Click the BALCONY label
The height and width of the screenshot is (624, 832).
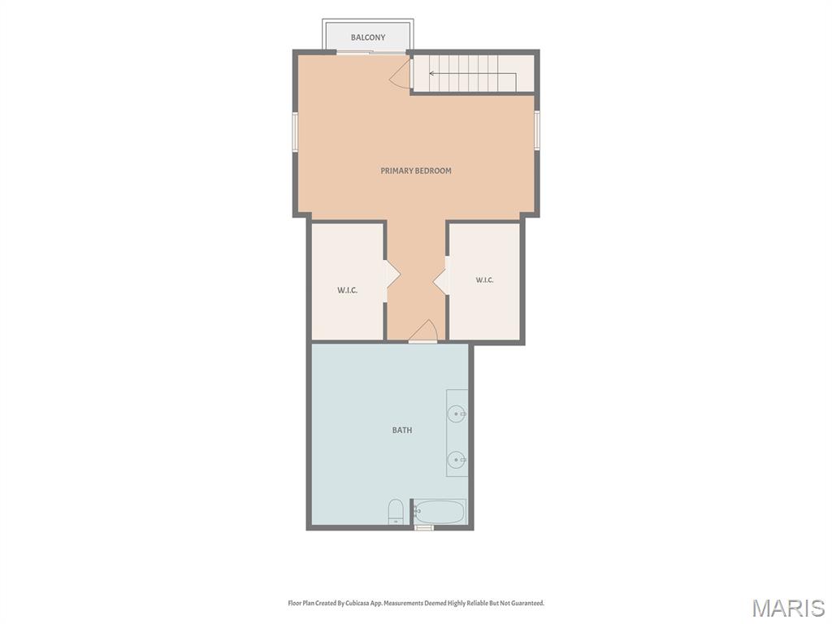click(x=368, y=37)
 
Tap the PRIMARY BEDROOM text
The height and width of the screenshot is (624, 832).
click(x=416, y=171)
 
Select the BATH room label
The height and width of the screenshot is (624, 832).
click(x=402, y=431)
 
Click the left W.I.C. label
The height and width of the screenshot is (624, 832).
click(x=348, y=290)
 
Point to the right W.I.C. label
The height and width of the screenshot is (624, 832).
click(x=484, y=279)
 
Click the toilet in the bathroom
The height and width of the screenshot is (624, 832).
click(x=396, y=512)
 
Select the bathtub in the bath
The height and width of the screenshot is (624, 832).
click(x=440, y=512)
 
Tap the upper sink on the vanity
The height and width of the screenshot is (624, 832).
click(x=457, y=414)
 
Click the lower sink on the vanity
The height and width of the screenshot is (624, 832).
click(x=457, y=460)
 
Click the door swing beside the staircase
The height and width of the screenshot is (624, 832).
click(x=401, y=74)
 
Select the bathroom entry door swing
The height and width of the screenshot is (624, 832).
click(x=422, y=331)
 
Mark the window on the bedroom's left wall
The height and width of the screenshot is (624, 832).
click(x=295, y=132)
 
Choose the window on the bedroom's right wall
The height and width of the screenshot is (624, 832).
click(x=537, y=130)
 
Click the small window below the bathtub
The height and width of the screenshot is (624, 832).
click(x=424, y=528)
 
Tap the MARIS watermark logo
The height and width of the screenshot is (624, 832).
click(x=789, y=608)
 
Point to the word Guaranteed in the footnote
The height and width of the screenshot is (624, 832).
click(x=526, y=604)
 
